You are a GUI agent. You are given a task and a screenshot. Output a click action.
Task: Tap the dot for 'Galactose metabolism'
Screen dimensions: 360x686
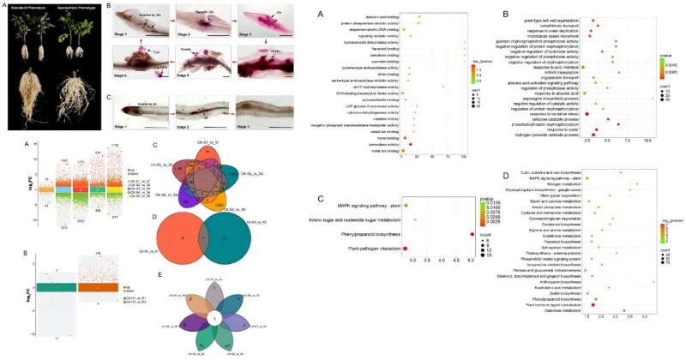624,334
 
